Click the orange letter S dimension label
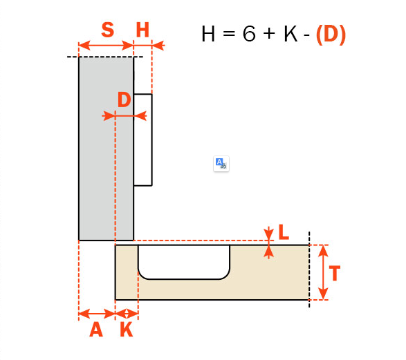click(x=107, y=30)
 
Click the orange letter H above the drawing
click(x=142, y=30)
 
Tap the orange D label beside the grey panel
click(x=124, y=100)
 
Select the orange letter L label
click(x=284, y=232)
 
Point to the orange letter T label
click(x=335, y=273)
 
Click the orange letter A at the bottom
click(x=96, y=330)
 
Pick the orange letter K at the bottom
click(x=127, y=330)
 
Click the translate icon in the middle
click(x=221, y=164)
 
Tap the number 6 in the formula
click(x=249, y=34)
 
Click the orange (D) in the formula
click(x=331, y=34)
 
